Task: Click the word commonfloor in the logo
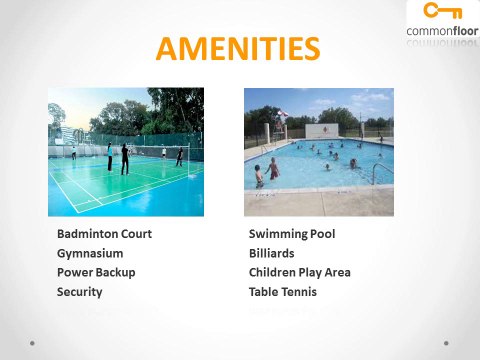(441, 31)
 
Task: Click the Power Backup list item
(96, 272)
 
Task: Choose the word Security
(80, 292)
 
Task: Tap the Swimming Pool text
(292, 234)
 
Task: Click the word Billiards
(272, 253)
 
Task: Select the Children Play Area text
(300, 272)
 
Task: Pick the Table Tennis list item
(283, 292)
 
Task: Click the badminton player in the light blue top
(108, 156)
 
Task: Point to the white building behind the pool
(321, 130)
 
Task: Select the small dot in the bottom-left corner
(33, 342)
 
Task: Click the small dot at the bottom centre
(240, 342)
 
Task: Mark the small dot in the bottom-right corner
(447, 342)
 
